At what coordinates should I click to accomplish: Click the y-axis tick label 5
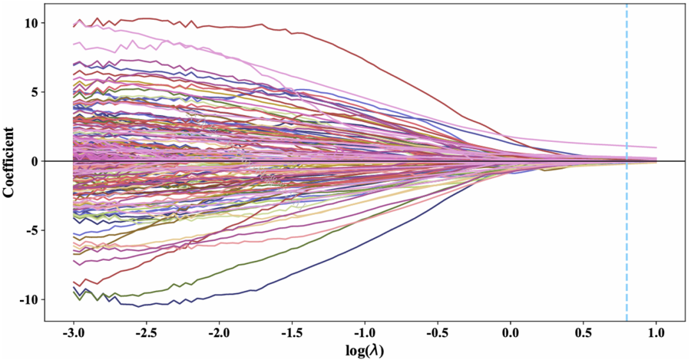point(36,92)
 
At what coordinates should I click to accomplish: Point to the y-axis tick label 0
point(36,161)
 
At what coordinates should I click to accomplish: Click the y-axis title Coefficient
point(10,161)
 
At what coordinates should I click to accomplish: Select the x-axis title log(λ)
point(365,351)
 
